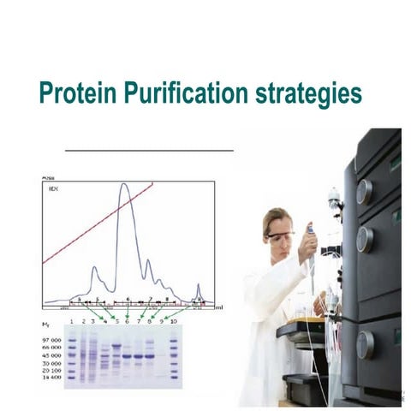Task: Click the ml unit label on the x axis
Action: [219, 306]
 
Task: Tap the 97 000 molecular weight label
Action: [52, 339]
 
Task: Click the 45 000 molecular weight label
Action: [52, 354]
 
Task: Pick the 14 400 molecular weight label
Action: [52, 377]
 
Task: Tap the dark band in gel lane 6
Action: [128, 355]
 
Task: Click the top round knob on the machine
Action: [364, 191]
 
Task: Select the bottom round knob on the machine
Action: [365, 344]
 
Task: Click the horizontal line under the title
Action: [149, 149]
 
